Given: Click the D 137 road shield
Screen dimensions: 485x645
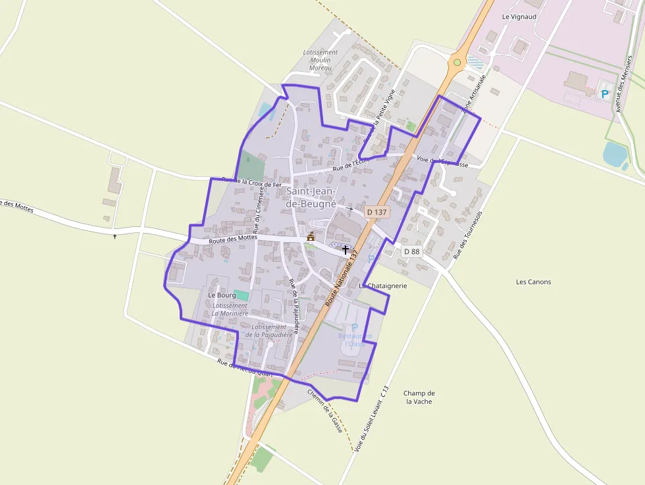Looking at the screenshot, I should click(377, 212).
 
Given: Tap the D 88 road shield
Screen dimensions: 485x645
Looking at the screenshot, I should click(411, 251).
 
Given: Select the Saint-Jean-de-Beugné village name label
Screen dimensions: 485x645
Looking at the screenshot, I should click(311, 197).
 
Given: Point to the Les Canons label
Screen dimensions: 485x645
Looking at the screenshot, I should click(534, 282).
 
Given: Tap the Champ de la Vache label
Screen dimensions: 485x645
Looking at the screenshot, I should click(420, 397).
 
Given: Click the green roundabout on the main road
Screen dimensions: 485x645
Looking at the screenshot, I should click(457, 63).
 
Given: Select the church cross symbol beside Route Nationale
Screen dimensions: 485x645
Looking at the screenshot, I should click(346, 250).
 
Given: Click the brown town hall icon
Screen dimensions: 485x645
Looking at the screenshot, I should click(311, 236).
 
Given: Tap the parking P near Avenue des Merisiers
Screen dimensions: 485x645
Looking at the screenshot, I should click(604, 94).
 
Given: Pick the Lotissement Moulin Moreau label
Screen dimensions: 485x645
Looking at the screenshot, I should click(321, 60).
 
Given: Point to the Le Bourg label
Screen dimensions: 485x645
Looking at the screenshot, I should click(222, 295).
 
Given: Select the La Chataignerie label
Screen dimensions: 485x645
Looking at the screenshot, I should click(384, 286).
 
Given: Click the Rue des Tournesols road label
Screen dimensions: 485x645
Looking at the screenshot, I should click(468, 234).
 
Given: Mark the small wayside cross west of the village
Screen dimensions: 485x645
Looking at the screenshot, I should click(115, 236).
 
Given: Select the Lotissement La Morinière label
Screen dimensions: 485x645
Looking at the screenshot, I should click(230, 309).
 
